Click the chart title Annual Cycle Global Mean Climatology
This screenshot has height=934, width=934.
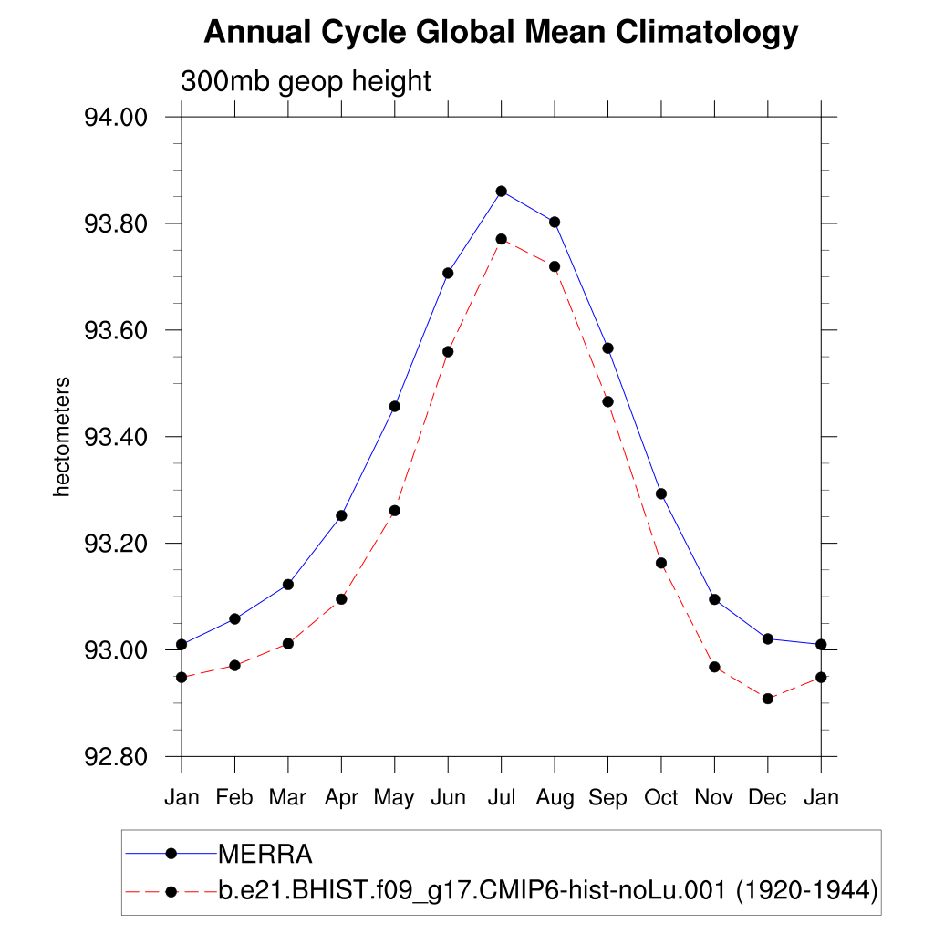point(501,33)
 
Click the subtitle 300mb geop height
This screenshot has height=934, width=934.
point(306,81)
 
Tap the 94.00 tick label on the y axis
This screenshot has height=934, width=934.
point(116,118)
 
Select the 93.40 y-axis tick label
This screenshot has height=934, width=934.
point(116,437)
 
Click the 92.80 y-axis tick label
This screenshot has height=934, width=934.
point(116,757)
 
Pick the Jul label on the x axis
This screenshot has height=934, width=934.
point(501,798)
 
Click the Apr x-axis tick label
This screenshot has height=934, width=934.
point(341,798)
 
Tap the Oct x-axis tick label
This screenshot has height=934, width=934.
point(661,798)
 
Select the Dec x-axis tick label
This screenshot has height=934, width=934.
point(768,798)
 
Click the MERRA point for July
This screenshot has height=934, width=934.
point(501,191)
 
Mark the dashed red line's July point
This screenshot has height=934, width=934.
point(501,239)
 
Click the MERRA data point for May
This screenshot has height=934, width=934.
point(395,406)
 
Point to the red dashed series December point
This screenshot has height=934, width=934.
point(768,699)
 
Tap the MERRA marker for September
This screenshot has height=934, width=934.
point(607,348)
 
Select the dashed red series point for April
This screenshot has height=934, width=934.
point(341,599)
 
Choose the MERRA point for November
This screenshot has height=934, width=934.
point(714,599)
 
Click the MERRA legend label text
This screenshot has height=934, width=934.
point(265,855)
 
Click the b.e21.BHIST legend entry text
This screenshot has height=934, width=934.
point(547,891)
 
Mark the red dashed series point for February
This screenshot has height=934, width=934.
point(234,666)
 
